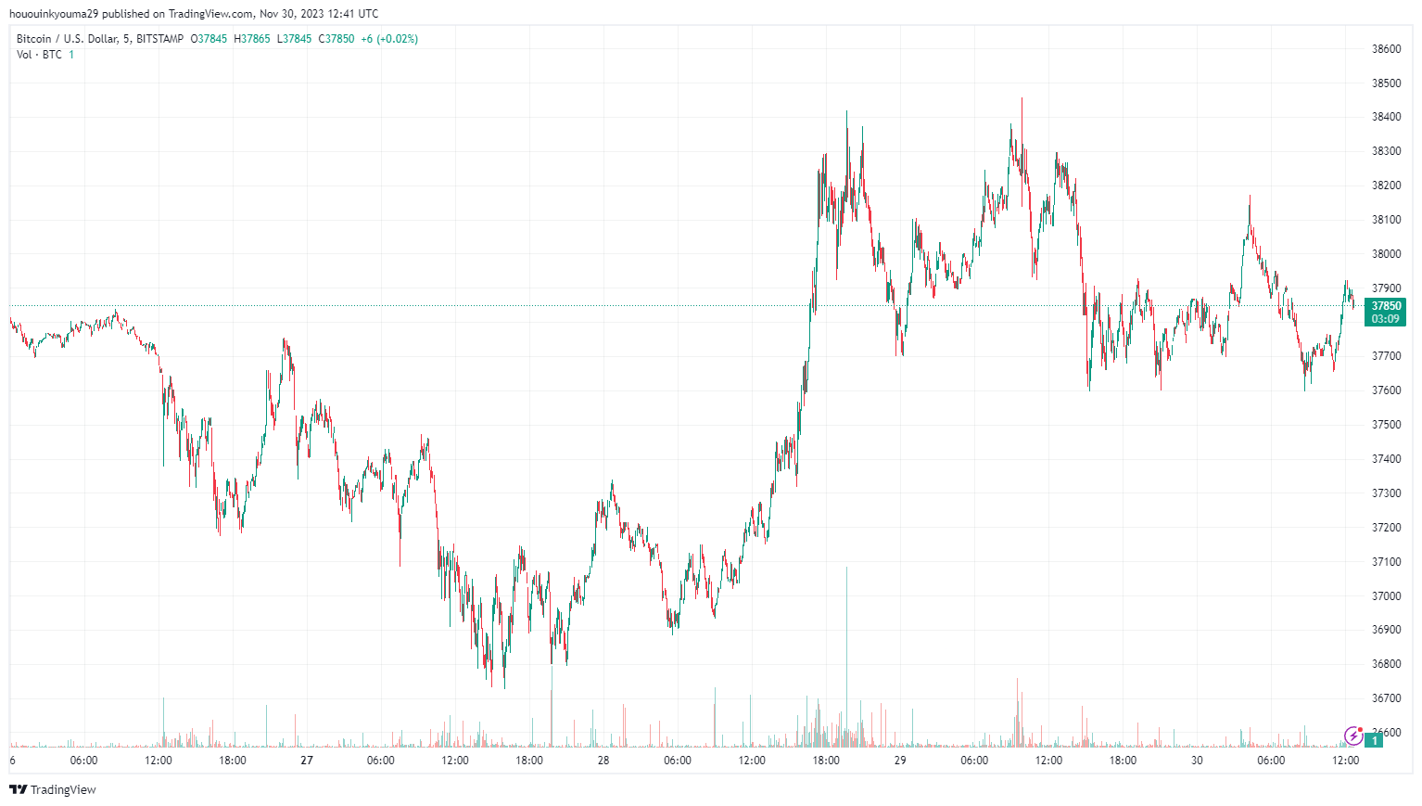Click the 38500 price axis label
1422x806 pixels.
pyautogui.click(x=1386, y=83)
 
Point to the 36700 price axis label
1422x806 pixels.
pyautogui.click(x=1386, y=698)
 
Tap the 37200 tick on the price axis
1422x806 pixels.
pyautogui.click(x=1386, y=528)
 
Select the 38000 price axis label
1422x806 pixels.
pyautogui.click(x=1386, y=254)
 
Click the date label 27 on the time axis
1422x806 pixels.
pyautogui.click(x=307, y=761)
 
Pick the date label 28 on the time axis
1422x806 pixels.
pyautogui.click(x=603, y=761)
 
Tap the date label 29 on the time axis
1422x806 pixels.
pyautogui.click(x=900, y=761)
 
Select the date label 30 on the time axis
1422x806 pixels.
pyautogui.click(x=1197, y=761)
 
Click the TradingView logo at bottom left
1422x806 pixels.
pyautogui.click(x=53, y=789)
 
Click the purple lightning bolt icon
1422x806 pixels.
pyautogui.click(x=1353, y=736)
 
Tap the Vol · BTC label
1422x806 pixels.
pyautogui.click(x=39, y=55)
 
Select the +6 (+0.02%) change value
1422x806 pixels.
pyautogui.click(x=389, y=39)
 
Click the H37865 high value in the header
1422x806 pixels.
pyautogui.click(x=252, y=39)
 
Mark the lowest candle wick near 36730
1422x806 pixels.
pyautogui.click(x=504, y=686)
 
